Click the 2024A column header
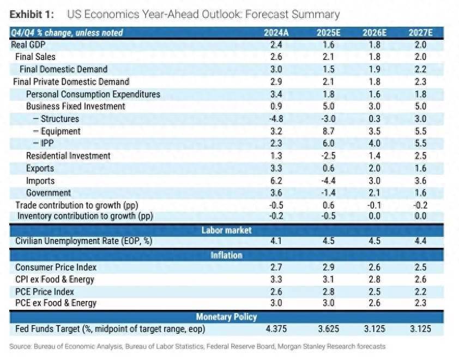tap(276, 33)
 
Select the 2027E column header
tap(420, 33)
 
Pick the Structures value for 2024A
tap(276, 119)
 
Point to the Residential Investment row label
tap(68, 156)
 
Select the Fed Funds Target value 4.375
tap(276, 329)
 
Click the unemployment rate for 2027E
tap(420, 242)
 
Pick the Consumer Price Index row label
tap(56, 267)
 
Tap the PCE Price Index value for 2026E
tap(374, 292)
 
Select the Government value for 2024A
tap(276, 193)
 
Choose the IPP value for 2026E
tap(374, 144)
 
